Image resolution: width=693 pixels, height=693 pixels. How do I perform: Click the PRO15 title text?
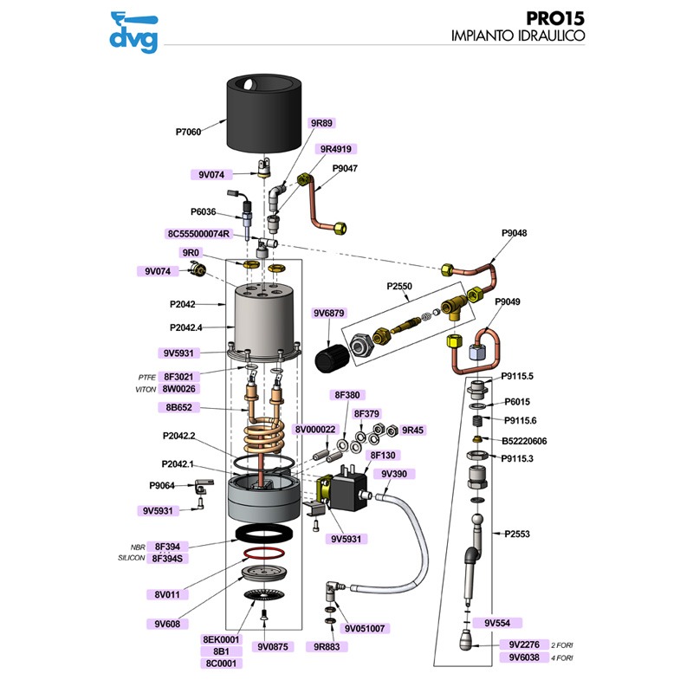(554, 18)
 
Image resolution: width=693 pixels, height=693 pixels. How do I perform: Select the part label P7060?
(188, 133)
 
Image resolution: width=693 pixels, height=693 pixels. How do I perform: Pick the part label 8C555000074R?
(198, 234)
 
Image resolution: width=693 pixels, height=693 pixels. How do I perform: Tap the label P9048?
(514, 233)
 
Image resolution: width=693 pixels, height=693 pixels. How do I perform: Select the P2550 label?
(399, 285)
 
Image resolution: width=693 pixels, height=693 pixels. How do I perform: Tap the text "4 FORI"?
(563, 657)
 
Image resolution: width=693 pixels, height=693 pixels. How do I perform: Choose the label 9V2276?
(524, 644)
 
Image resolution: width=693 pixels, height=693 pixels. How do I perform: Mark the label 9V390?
(394, 474)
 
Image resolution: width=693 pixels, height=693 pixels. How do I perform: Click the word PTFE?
(146, 378)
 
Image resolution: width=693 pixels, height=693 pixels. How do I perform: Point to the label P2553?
(517, 534)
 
